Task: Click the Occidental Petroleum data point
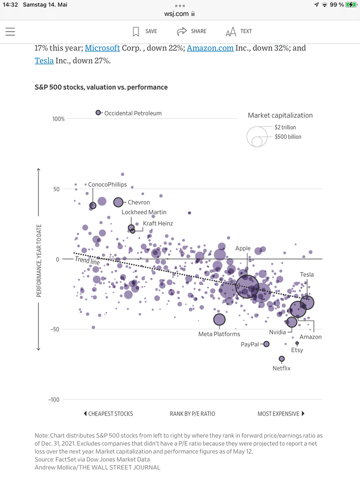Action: [x=98, y=112]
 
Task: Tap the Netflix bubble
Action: [x=282, y=359]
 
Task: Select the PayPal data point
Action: [x=266, y=344]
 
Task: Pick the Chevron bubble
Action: [x=118, y=202]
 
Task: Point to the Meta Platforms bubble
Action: [x=219, y=320]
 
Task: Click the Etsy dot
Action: [x=297, y=343]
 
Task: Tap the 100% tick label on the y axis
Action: [x=58, y=119]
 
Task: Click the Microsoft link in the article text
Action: [x=102, y=48]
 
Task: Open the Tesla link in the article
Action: [x=44, y=61]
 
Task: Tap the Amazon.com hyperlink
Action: [x=210, y=48]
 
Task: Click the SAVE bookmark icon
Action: [x=136, y=31]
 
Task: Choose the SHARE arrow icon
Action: [x=182, y=31]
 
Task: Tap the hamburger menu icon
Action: [x=10, y=32]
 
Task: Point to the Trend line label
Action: [x=87, y=262]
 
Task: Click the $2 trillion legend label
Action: [x=285, y=127]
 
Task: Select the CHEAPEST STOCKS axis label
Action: [x=108, y=414]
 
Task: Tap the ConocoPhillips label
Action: [x=107, y=185]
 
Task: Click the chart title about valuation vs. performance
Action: [x=101, y=87]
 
